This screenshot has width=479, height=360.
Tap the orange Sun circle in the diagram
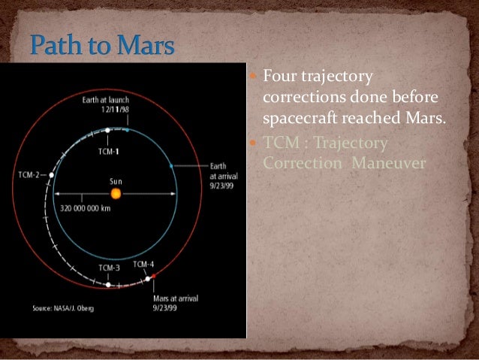(116, 193)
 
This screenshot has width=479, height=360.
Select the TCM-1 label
(109, 149)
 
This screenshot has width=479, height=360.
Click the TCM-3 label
(109, 268)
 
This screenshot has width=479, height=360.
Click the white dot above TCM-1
(109, 130)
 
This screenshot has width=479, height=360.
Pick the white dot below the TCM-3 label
(109, 285)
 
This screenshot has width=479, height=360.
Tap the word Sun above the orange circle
(116, 180)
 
